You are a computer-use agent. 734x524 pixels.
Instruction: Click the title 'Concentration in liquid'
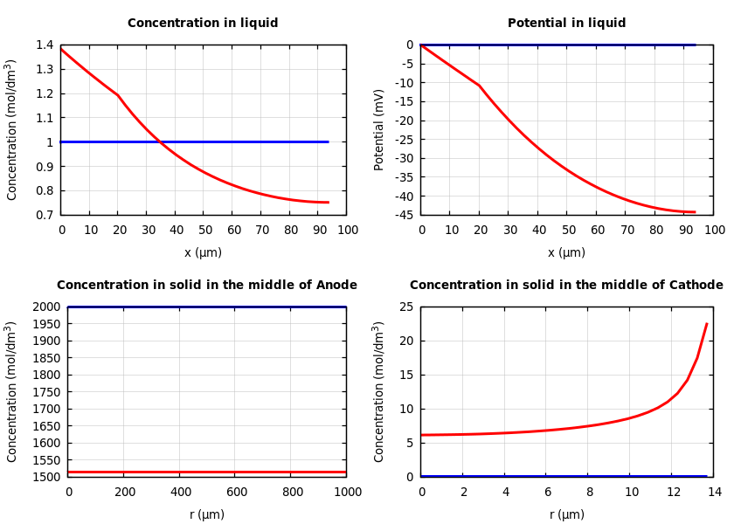pyautogui.click(x=203, y=24)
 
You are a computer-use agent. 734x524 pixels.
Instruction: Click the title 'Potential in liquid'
pyautogui.click(x=566, y=24)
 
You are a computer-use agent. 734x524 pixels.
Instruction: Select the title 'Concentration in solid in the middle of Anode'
pyautogui.click(x=207, y=286)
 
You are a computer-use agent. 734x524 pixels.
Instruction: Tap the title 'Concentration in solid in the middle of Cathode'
pyautogui.click(x=566, y=286)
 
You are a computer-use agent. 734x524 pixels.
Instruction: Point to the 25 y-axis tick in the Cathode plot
pyautogui.click(x=405, y=307)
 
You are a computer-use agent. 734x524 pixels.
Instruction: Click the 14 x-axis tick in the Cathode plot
pyautogui.click(x=715, y=493)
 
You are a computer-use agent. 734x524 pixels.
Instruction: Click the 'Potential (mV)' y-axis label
pyautogui.click(x=379, y=129)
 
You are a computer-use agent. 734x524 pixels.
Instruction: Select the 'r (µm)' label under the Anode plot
pyautogui.click(x=207, y=514)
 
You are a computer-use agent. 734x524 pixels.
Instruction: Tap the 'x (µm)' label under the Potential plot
pyautogui.click(x=566, y=252)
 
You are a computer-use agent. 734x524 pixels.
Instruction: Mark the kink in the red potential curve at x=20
pyautogui.click(x=479, y=86)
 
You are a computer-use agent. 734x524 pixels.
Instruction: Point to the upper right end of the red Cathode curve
pyautogui.click(x=706, y=324)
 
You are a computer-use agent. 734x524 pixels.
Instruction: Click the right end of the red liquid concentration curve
pyautogui.click(x=328, y=203)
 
